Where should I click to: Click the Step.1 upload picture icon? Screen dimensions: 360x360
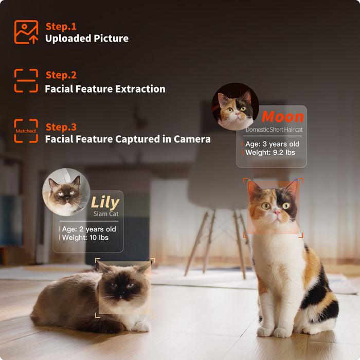tap(26, 32)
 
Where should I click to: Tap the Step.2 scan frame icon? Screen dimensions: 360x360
tap(26, 81)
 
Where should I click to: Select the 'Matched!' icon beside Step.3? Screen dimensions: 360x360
tap(26, 131)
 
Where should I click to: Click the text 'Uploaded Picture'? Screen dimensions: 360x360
tap(87, 39)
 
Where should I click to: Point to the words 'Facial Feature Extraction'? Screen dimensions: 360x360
tap(105, 89)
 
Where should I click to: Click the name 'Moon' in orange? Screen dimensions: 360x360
tap(283, 117)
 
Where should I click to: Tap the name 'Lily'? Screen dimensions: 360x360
tap(105, 203)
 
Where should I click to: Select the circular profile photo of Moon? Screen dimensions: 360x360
tap(235, 106)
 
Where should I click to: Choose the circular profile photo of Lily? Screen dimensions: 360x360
tap(66, 192)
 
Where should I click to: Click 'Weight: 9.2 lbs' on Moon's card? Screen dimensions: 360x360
tap(270, 152)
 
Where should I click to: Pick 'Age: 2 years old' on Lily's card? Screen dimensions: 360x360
tap(89, 229)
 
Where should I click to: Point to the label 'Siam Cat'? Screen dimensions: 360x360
tap(106, 214)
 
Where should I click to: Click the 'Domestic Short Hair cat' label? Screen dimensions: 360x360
tap(274, 130)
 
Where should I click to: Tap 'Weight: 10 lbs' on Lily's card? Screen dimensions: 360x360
tap(85, 238)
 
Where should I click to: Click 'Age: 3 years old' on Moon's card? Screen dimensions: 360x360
tap(272, 144)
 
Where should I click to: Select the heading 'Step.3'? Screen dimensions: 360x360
tap(61, 127)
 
